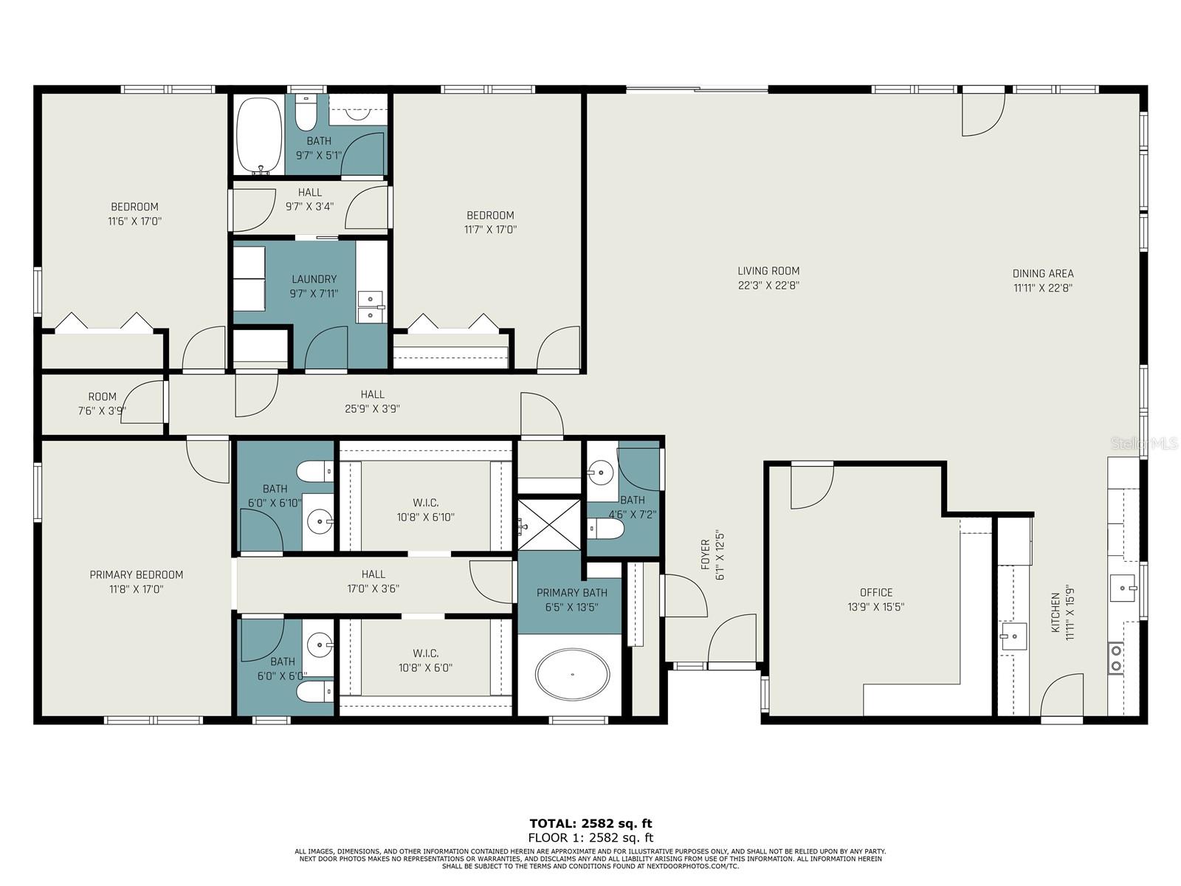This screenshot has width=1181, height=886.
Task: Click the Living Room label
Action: tap(768, 271)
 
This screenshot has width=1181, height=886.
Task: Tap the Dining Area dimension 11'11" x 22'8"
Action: tap(1042, 288)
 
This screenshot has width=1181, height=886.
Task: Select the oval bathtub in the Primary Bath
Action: tap(573, 675)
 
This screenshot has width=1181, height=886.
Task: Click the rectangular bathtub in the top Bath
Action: tap(259, 135)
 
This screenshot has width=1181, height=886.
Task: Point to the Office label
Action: tap(876, 592)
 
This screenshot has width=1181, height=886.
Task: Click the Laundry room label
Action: tap(314, 279)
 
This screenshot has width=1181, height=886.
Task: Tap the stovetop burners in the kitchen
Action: tap(1116, 658)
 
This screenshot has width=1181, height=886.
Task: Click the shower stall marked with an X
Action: tap(548, 524)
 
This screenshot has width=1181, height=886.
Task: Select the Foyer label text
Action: tap(705, 554)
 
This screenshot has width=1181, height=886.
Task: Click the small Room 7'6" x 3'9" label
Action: tap(102, 396)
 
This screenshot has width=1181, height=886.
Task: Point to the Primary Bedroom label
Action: tap(136, 574)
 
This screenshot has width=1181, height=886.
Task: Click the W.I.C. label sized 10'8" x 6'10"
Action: tap(426, 503)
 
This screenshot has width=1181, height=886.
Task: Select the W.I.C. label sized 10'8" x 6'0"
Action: tap(426, 653)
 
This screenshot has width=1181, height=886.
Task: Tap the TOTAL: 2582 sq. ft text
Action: tap(590, 823)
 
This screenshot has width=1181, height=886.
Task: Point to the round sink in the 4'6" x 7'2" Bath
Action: tap(602, 470)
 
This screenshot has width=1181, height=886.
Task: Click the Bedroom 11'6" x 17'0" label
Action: tap(134, 207)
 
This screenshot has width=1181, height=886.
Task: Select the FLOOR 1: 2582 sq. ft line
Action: tap(590, 837)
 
